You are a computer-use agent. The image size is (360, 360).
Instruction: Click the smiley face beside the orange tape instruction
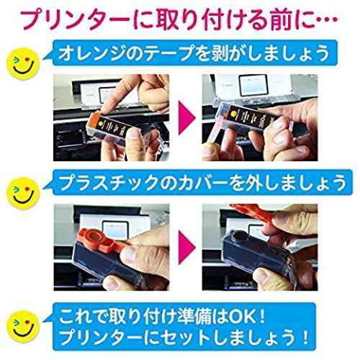[22, 64]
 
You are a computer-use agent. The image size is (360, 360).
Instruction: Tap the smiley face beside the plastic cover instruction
[23, 193]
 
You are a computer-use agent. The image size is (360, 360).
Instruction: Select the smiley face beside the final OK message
[23, 327]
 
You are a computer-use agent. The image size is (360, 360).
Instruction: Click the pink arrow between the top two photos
[186, 118]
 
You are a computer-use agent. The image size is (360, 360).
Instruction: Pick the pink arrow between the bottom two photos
[186, 247]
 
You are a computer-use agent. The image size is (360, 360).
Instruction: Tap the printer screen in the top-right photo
[253, 86]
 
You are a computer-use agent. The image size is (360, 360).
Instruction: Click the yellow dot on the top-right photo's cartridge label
[233, 112]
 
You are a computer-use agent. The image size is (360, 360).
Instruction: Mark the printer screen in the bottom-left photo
[115, 230]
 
